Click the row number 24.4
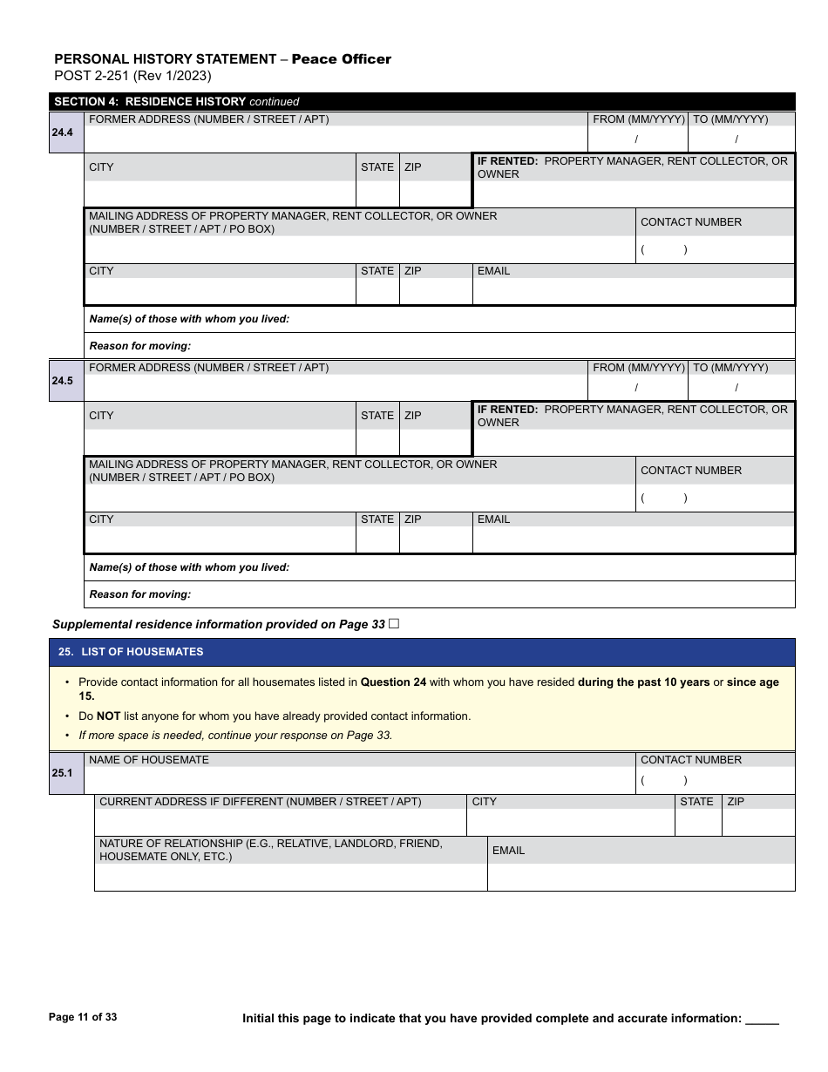pos(62,132)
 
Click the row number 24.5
pos(62,381)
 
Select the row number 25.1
pos(62,773)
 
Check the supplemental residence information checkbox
pos(394,623)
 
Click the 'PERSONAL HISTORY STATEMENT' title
pos(166,59)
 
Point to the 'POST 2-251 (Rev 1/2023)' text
pos(132,76)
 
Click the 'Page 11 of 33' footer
pos(83,1017)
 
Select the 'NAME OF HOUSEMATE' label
pos(149,760)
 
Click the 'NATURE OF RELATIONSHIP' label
pos(270,850)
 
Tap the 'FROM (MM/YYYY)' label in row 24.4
pos(638,119)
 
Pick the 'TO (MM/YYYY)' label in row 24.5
pos(730,368)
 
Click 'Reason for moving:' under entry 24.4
pos(140,346)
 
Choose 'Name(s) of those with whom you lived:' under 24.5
pos(189,567)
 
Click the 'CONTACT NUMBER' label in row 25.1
pos(691,760)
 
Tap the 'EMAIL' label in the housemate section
pos(508,851)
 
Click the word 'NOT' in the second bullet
pos(108,716)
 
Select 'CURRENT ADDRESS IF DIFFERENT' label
pos(260,802)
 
